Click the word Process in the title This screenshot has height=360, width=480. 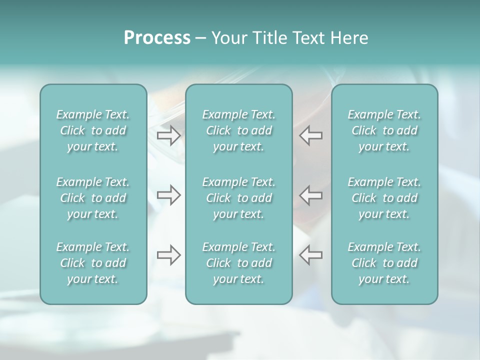(x=157, y=38)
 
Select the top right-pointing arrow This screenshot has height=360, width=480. (x=168, y=135)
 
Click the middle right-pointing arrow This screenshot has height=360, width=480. (x=168, y=194)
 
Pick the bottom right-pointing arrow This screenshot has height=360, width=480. (x=168, y=254)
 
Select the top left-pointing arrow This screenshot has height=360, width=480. (x=311, y=135)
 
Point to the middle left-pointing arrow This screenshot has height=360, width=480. (x=311, y=194)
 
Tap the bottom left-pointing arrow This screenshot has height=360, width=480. (x=311, y=254)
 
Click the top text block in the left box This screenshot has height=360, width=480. (x=93, y=130)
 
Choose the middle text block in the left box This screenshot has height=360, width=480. (x=93, y=198)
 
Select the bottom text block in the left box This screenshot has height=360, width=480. (x=93, y=263)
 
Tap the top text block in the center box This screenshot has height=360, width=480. (x=238, y=130)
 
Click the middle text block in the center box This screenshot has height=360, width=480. (x=238, y=198)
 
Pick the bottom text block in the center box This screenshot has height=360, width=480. (x=238, y=263)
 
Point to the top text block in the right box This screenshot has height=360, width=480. (x=384, y=130)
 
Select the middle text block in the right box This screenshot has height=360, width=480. (x=384, y=198)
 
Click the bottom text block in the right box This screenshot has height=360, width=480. (x=384, y=263)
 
